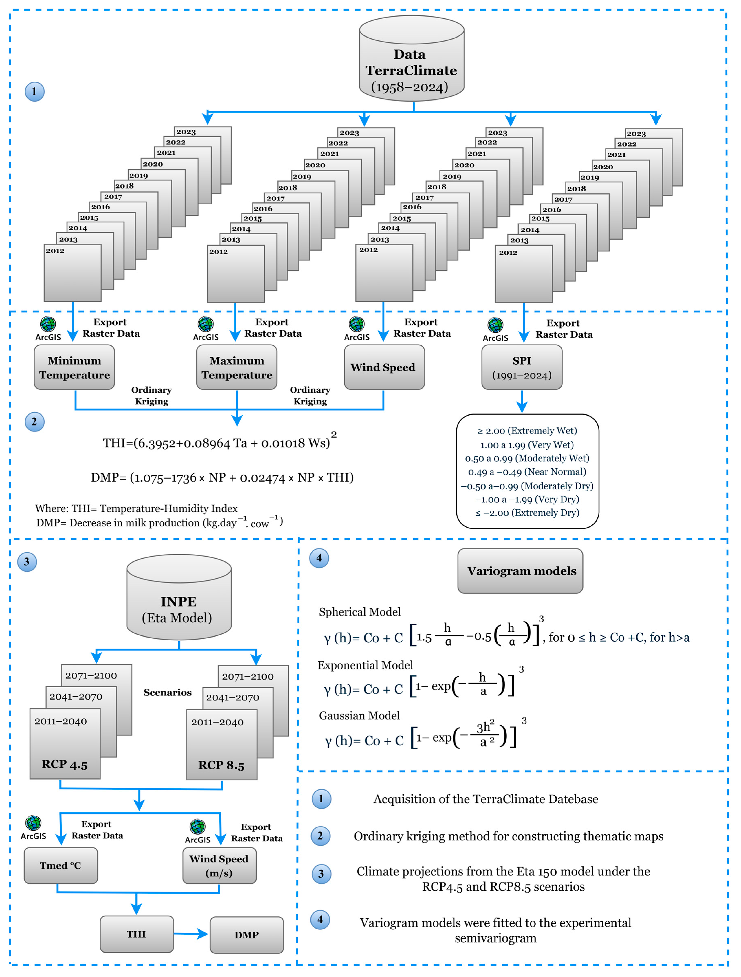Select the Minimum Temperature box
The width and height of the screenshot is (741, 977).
[74, 367]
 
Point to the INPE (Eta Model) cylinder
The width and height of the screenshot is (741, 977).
[179, 601]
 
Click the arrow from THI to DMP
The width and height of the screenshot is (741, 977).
[191, 934]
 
